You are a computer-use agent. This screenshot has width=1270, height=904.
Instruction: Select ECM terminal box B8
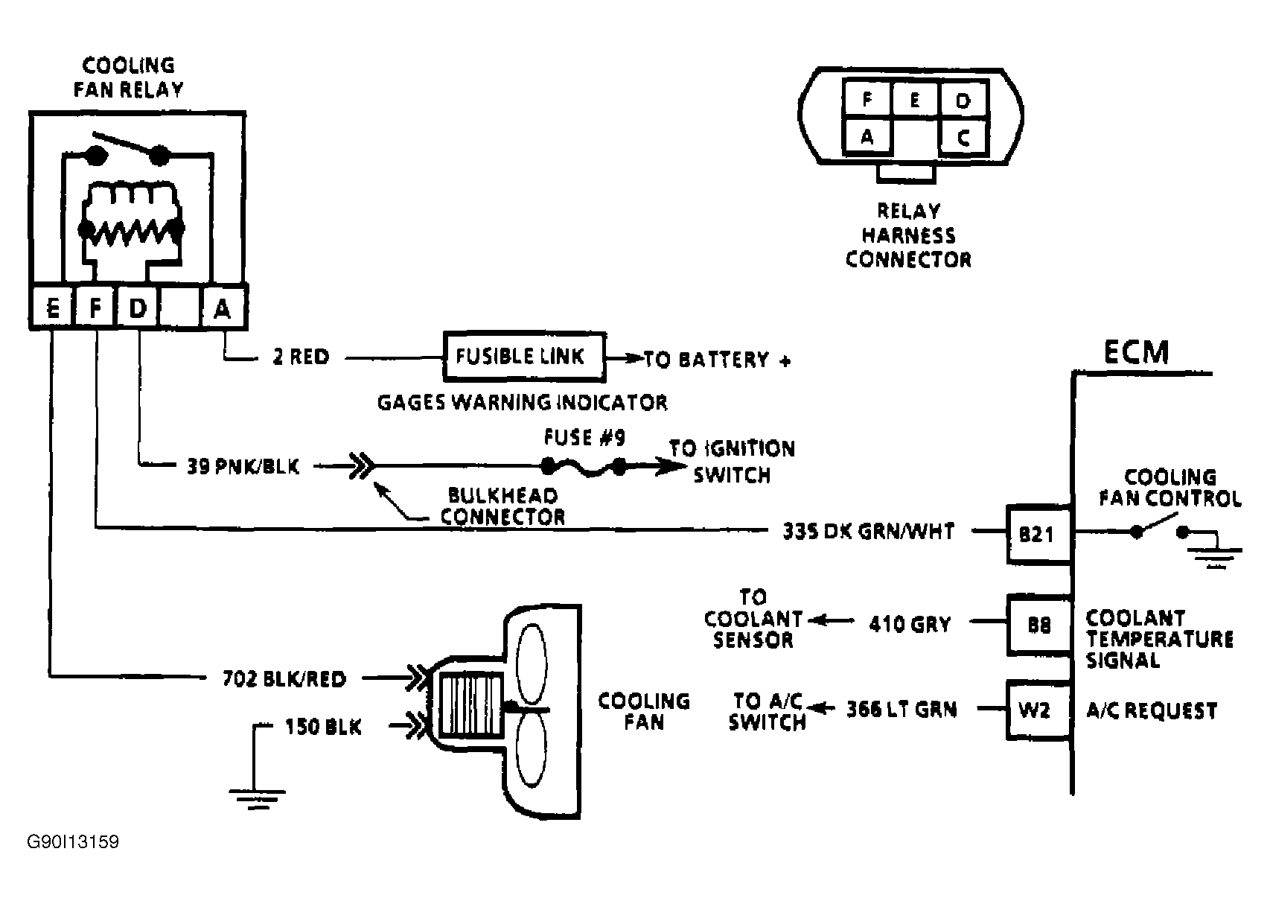(x=1038, y=625)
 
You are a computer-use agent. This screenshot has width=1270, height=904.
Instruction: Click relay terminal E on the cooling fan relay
(x=52, y=308)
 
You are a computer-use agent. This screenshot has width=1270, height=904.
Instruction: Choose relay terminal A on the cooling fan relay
(x=223, y=308)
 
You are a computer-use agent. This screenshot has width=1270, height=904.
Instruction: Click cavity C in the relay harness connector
(x=964, y=137)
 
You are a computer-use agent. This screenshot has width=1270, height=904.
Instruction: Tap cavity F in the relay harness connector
(x=867, y=99)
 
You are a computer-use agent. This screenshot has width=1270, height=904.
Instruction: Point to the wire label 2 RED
(x=301, y=357)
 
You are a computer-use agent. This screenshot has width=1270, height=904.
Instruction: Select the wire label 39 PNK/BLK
(x=243, y=467)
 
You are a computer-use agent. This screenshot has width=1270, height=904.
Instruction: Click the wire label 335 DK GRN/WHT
(x=868, y=532)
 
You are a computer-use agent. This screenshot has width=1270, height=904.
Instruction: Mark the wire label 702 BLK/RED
(x=284, y=678)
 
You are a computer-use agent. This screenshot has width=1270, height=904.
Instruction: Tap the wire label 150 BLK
(x=323, y=726)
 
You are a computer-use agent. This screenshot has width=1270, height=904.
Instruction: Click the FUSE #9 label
(x=584, y=437)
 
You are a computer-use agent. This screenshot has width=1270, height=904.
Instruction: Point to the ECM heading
(x=1136, y=352)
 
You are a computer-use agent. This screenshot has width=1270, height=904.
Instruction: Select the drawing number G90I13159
(x=73, y=842)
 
